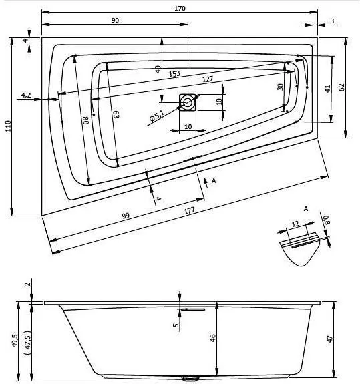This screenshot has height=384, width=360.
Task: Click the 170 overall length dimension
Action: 180,8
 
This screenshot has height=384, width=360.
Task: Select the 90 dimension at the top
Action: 115,20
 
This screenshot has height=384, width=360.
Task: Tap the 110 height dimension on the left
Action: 8,126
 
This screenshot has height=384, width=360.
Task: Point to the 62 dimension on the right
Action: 342,87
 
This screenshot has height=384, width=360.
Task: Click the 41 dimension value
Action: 328,89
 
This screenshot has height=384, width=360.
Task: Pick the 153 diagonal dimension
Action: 174,73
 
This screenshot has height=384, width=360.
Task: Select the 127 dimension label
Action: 208,79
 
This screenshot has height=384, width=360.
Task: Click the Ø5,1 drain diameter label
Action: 156,115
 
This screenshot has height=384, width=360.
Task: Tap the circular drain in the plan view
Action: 188,102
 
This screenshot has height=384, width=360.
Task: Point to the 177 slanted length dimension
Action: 189,210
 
